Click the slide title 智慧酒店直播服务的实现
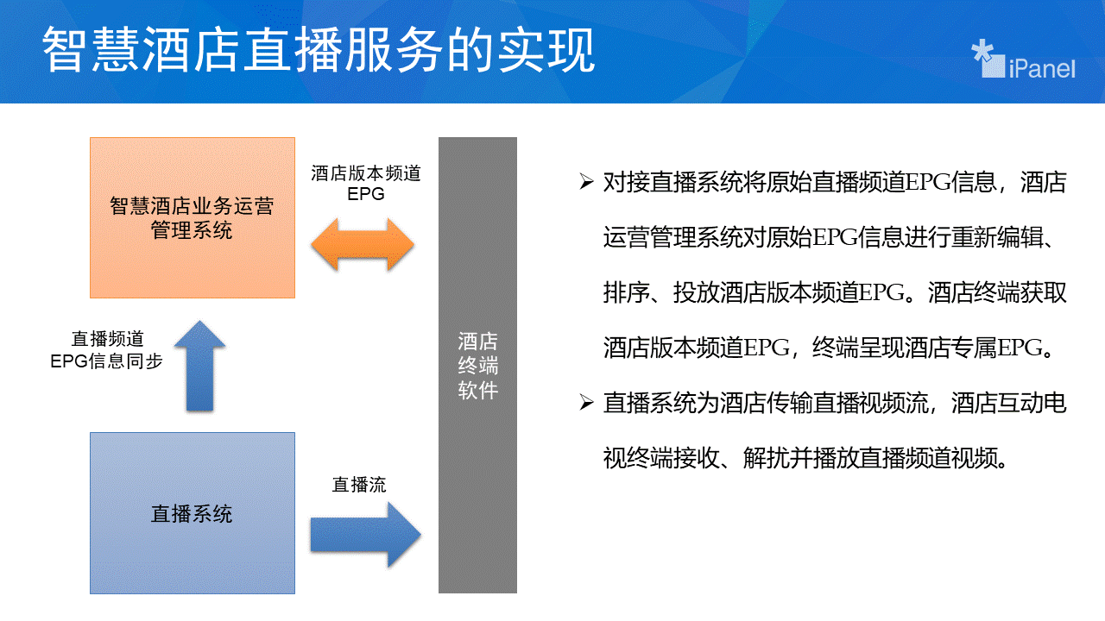coord(319,49)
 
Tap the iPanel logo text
coord(1042,68)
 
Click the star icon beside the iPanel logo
coord(982,52)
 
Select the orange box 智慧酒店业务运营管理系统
coord(193,218)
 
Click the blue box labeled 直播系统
coord(193,513)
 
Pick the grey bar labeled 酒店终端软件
coord(477,365)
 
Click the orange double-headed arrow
coord(363,244)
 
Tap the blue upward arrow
coord(199,366)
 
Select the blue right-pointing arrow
coord(365,535)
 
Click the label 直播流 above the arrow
coord(359,485)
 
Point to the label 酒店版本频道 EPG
coord(365,184)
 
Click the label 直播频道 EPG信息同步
coord(106,350)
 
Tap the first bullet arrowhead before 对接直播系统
coord(586,182)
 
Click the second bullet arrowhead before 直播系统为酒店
coord(586,403)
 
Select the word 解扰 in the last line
coord(766,458)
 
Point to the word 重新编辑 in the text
coord(997,237)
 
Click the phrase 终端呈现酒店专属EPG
coord(927,348)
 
